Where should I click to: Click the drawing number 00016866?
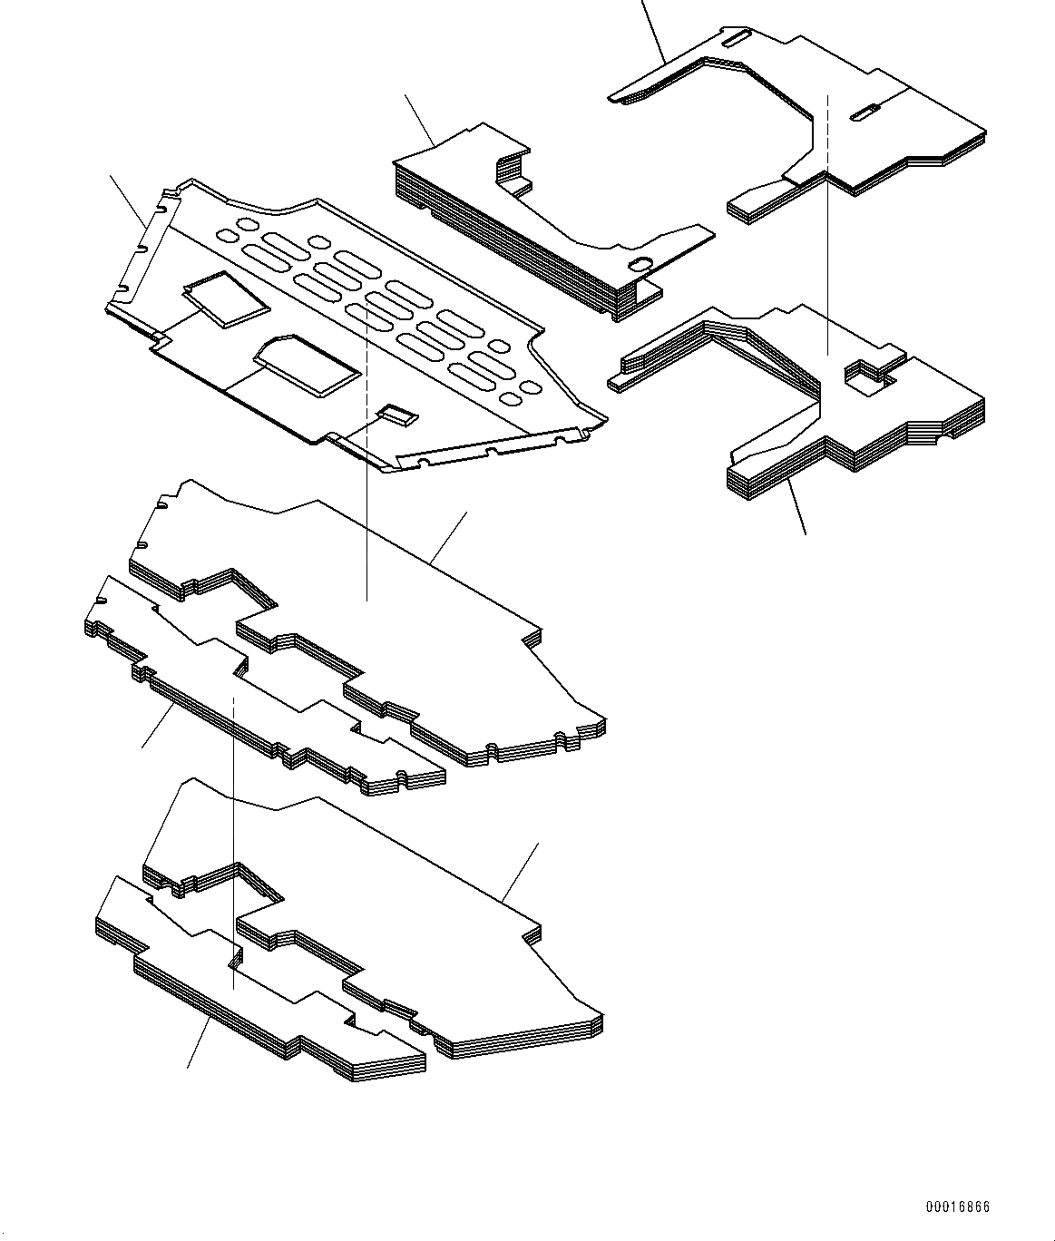click(958, 1207)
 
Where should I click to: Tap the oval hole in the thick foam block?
click(641, 264)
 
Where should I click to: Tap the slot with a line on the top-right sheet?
click(865, 112)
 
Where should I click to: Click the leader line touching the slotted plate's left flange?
click(129, 200)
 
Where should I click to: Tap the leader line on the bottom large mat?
click(522, 872)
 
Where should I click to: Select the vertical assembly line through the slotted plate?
click(366, 508)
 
